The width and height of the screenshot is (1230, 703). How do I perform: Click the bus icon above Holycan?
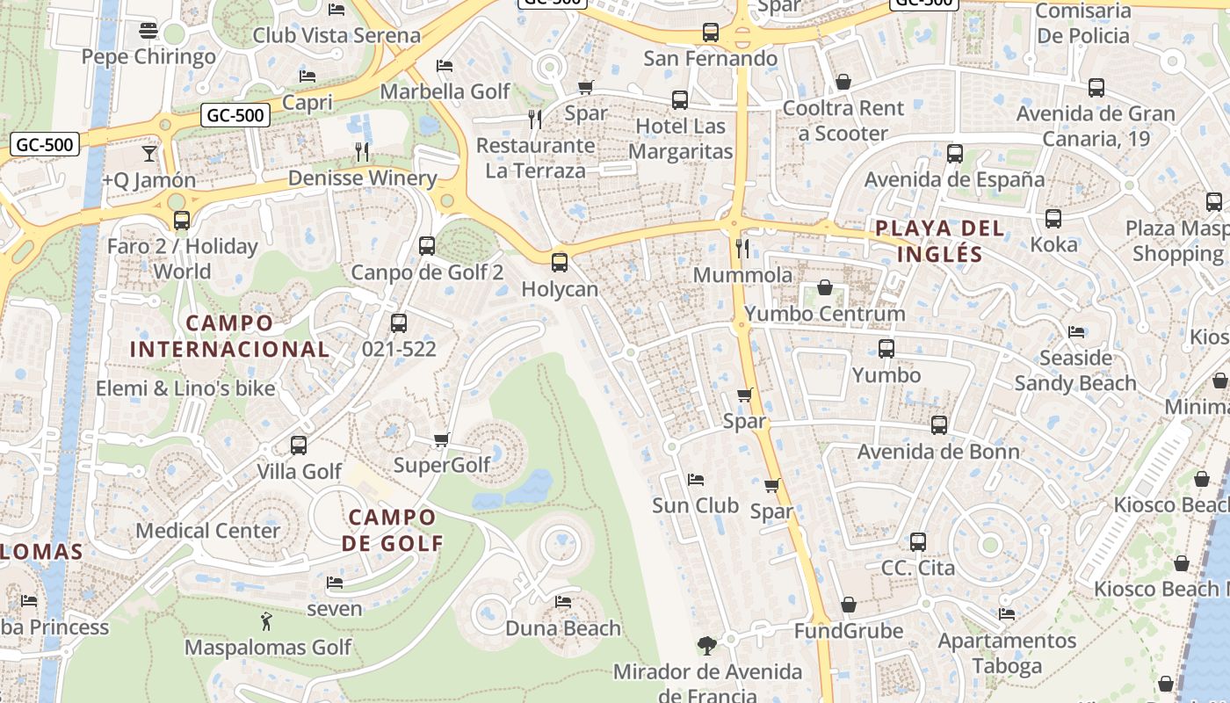559,262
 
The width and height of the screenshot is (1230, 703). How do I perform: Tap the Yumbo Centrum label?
824,314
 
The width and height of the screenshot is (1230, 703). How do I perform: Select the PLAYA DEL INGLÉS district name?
939,242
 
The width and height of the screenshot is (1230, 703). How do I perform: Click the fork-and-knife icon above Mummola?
742,248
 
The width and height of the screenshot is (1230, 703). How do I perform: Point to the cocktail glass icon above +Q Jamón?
148,154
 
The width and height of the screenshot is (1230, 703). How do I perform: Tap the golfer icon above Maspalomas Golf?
267,621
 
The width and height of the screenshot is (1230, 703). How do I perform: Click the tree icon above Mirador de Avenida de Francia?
706,646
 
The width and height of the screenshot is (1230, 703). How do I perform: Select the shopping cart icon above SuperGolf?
441,439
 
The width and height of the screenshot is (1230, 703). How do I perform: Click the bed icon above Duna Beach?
563,602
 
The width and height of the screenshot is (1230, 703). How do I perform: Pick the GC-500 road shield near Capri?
235,115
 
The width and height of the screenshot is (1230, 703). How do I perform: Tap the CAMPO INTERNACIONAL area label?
230,336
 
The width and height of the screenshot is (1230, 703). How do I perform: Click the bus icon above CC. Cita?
918,541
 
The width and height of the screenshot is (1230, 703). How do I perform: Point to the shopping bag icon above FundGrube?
848,605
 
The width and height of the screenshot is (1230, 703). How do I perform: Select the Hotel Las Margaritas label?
680,139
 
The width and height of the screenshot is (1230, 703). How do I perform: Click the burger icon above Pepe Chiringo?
148,31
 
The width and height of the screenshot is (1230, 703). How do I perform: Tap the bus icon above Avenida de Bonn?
939,425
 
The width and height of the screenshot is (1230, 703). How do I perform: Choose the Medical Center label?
207,531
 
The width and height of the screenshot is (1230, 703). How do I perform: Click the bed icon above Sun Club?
696,480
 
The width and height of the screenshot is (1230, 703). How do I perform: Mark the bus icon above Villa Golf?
299,445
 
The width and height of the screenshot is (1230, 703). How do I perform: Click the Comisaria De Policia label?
1082,24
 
